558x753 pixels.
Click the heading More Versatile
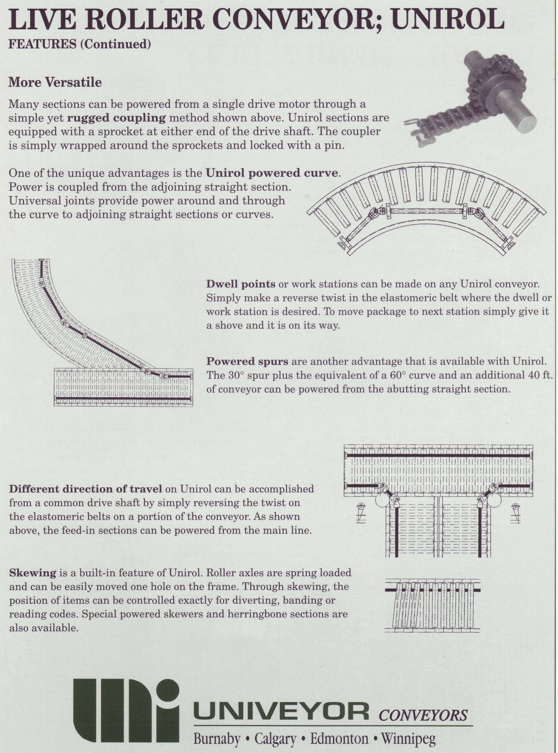(x=55, y=82)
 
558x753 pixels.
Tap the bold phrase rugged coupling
(x=116, y=118)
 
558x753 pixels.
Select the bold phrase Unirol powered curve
(x=272, y=173)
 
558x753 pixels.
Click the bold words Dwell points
(x=241, y=284)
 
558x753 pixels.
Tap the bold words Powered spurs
(x=247, y=361)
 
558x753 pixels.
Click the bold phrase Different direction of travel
(x=86, y=489)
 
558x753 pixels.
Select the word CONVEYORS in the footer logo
(x=423, y=715)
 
